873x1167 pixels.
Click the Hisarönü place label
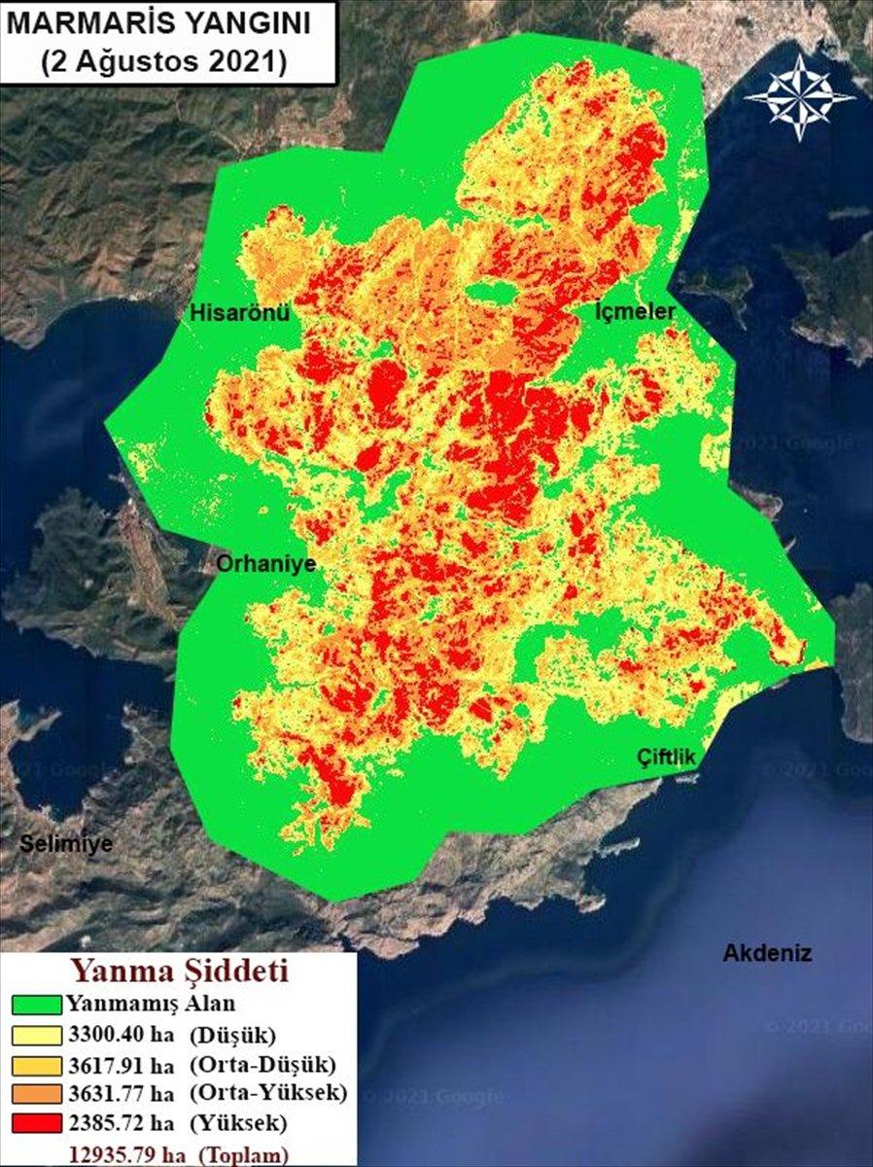[x=239, y=313]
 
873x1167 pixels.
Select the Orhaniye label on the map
[x=264, y=564]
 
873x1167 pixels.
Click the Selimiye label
[x=66, y=843]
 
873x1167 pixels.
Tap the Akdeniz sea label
[x=766, y=953]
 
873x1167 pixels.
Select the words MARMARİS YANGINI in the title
[x=161, y=24]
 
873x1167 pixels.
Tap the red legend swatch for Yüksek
[x=37, y=1124]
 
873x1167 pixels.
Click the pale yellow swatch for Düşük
[x=37, y=1034]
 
